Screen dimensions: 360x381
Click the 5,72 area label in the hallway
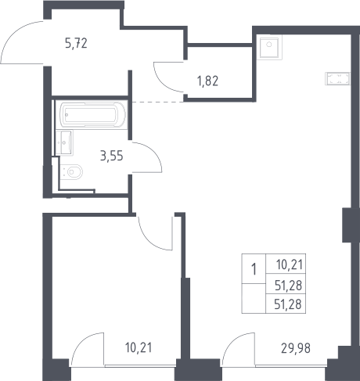(x=76, y=43)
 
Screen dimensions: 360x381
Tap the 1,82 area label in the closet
(x=208, y=81)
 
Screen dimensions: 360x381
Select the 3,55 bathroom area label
(x=111, y=156)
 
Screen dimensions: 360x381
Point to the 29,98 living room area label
(x=296, y=348)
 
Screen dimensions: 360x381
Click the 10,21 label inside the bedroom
(x=139, y=347)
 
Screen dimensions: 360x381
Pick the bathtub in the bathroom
(x=92, y=114)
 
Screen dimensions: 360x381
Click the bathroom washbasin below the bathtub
(x=64, y=142)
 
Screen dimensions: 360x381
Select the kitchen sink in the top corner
(x=269, y=47)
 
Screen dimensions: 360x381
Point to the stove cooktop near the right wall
(x=337, y=79)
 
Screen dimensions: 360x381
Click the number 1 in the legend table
(x=254, y=269)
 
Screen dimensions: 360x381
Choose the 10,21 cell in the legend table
(x=290, y=264)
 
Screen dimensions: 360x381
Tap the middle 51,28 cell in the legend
(x=288, y=286)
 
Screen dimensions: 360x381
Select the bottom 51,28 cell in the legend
(x=288, y=304)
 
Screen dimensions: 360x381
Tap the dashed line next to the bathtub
(x=158, y=102)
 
